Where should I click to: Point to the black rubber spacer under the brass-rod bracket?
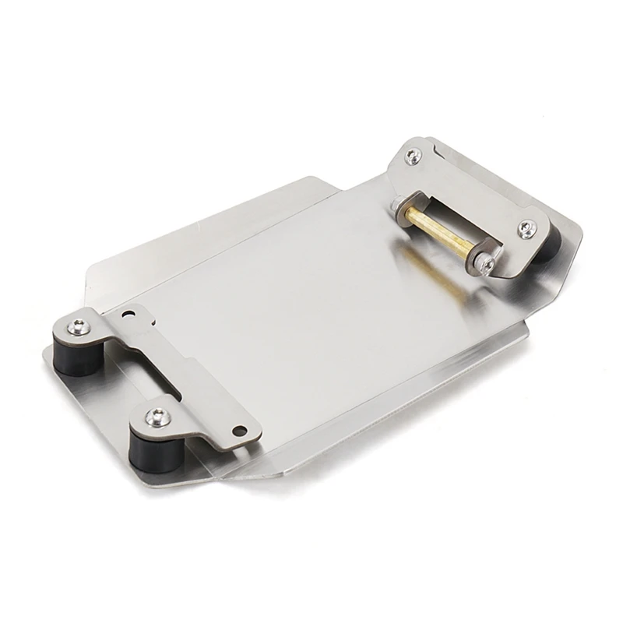[547, 249]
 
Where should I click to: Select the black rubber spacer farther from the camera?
[74, 357]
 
